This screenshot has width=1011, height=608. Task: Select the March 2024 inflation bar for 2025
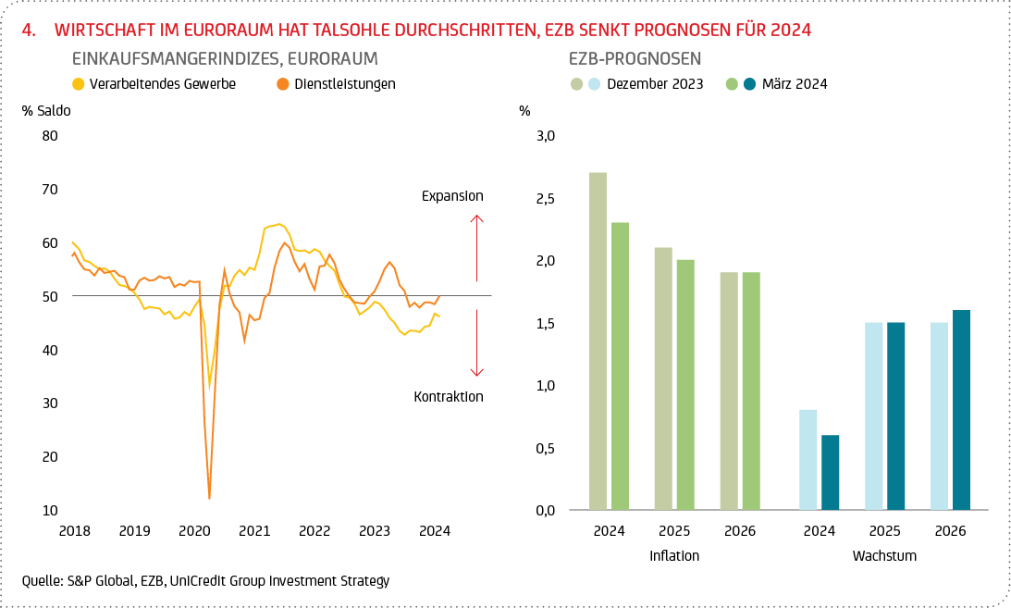684,384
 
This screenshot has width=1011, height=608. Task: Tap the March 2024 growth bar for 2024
831,472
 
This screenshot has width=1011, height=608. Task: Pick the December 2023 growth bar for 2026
940,416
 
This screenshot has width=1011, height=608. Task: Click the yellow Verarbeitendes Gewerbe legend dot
79,84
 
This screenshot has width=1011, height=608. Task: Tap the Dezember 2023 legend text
655,84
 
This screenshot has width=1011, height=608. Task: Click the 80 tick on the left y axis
49,136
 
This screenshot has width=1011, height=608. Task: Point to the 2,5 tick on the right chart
545,199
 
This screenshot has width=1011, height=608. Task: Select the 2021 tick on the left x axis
254,531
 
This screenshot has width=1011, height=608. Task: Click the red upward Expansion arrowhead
476,218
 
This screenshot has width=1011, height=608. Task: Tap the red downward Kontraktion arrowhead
476,372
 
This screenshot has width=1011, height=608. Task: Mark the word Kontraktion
449,397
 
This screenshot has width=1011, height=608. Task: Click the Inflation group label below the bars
674,556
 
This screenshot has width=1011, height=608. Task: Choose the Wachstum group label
884,556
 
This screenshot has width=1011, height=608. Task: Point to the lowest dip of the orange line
209,498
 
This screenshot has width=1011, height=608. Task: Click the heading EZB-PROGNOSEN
635,59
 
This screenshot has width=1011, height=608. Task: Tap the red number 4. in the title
28,30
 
